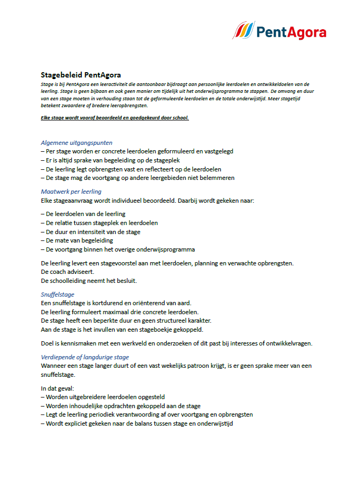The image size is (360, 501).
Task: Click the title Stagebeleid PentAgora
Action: (76, 75)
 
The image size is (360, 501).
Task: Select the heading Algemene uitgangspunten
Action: (76, 142)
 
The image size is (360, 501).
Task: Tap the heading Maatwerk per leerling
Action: (71, 192)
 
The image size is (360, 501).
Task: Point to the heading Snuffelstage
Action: (57, 294)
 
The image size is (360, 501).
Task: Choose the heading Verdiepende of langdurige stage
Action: (85, 357)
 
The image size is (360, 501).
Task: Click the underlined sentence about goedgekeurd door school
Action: (115, 118)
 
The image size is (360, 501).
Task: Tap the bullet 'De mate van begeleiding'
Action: (76, 240)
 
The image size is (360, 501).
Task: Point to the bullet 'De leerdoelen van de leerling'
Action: (83, 214)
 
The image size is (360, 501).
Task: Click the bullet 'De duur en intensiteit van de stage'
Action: (90, 232)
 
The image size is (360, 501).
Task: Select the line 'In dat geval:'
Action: (57, 388)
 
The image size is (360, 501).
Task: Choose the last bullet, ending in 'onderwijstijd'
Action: (139, 424)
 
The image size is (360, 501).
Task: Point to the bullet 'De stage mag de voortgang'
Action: (138, 178)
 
